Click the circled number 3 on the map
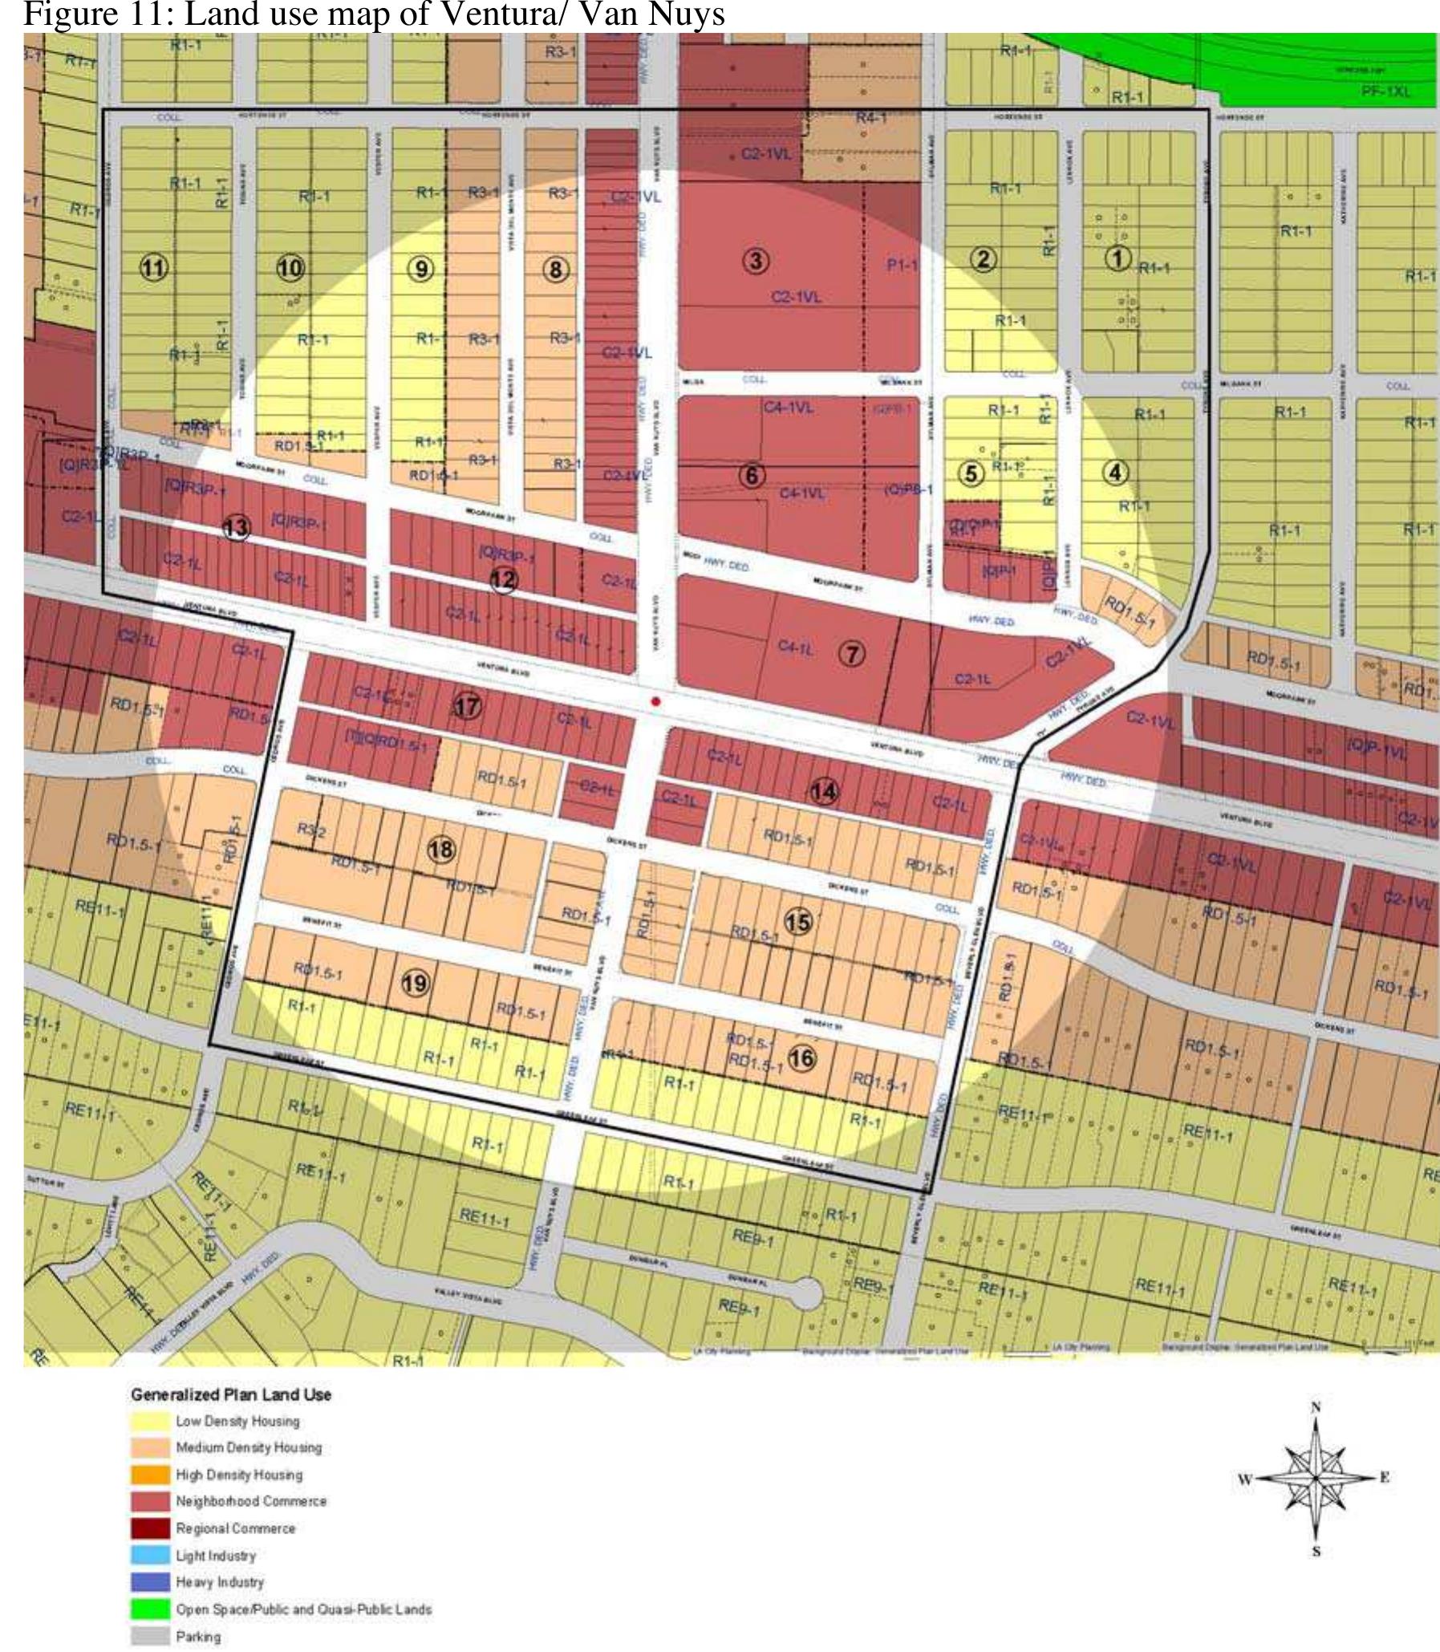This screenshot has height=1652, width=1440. pos(756,260)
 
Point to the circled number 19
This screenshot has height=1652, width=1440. pos(416,983)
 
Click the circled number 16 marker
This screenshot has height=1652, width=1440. pos(801,1058)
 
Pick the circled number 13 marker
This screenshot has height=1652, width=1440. pos(235,528)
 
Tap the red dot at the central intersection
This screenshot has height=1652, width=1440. pos(655,701)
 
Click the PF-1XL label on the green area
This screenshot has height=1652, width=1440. pos(1385,91)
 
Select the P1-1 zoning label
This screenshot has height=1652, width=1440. pos(902,266)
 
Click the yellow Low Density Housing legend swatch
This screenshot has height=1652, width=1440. pos(151,1423)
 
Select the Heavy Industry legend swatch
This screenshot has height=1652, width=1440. pos(151,1582)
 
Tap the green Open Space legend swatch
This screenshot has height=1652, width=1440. pos(151,1609)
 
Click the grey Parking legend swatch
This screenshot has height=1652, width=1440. pos(151,1636)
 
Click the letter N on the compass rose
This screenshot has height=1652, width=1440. pos(1316,1407)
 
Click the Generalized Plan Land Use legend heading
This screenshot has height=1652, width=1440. pos(230,1395)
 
